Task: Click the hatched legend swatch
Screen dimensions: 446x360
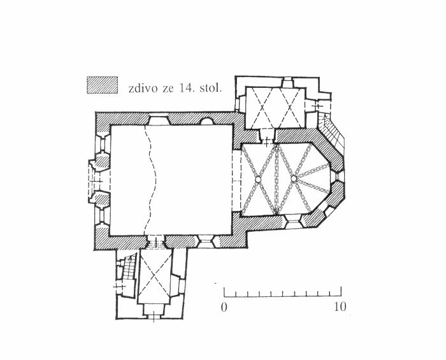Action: [102, 85]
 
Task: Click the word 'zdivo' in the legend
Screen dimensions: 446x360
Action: [143, 89]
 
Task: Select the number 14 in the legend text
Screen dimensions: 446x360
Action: [185, 88]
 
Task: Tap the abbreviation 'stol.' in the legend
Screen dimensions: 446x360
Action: [210, 88]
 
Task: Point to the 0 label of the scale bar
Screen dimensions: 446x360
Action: [224, 307]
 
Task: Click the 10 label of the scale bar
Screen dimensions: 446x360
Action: [340, 307]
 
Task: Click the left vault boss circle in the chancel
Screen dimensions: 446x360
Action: [258, 180]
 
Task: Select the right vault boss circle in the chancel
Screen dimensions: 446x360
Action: [294, 178]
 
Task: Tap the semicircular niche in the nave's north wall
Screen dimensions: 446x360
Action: [207, 122]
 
